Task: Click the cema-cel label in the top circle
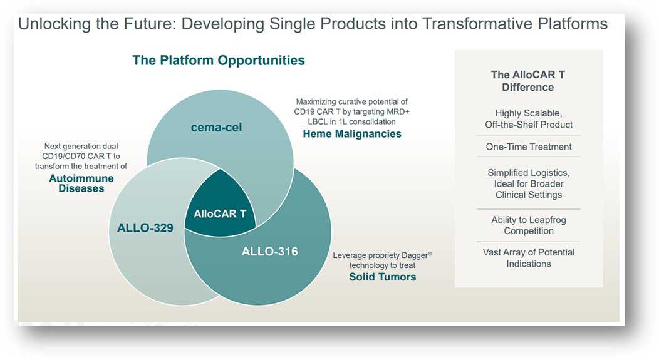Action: coord(215,128)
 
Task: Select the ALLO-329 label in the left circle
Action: coord(145,227)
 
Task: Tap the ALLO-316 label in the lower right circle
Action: coord(269,252)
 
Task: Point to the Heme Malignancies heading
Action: coord(351,133)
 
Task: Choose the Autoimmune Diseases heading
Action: coord(81,183)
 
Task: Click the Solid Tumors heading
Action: coord(382,276)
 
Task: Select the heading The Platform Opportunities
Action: coord(218,61)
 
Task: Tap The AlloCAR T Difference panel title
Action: coord(527,81)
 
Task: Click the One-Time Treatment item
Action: coord(529,147)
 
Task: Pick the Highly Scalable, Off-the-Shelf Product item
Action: coord(529,119)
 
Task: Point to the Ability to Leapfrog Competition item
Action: coord(529,225)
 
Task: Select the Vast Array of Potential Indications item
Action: coord(529,258)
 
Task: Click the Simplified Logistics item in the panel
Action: coord(529,183)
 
